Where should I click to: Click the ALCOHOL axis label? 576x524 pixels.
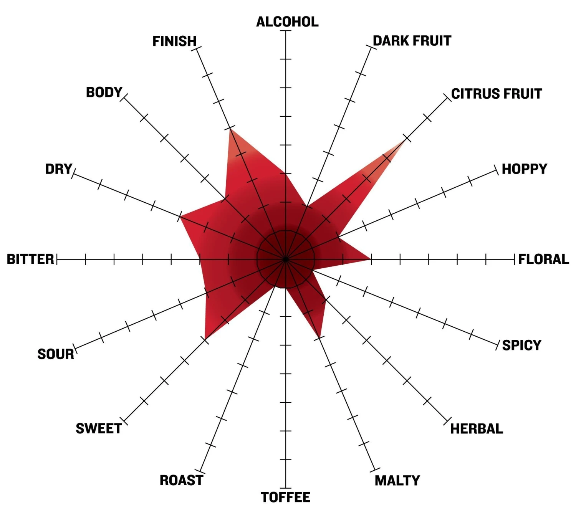click(x=287, y=22)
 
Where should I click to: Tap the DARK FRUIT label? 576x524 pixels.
click(x=412, y=41)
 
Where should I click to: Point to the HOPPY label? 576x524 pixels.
click(x=524, y=169)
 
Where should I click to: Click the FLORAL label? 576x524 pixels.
click(x=543, y=259)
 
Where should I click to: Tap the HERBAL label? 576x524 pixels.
click(x=477, y=429)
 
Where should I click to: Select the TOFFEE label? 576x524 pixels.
click(x=285, y=497)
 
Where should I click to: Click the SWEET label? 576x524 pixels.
click(x=99, y=429)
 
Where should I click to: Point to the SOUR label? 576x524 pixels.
click(x=56, y=354)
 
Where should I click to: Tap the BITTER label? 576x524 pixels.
click(x=30, y=259)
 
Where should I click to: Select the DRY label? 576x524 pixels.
click(x=59, y=169)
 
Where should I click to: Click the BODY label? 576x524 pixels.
click(x=104, y=93)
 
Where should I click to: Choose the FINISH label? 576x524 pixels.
click(x=174, y=41)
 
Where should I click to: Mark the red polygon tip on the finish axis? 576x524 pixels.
click(x=230, y=129)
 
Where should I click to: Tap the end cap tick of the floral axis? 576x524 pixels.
click(x=514, y=259)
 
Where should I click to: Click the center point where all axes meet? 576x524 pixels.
click(x=285, y=259)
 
